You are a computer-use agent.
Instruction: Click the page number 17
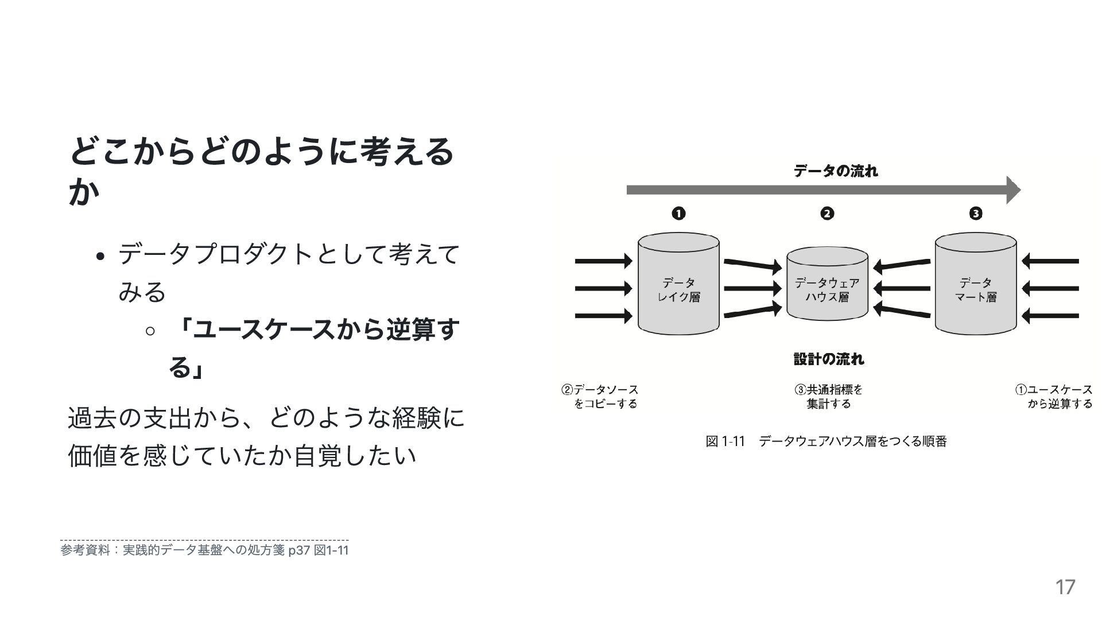tap(1065, 587)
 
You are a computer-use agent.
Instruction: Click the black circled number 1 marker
tap(678, 214)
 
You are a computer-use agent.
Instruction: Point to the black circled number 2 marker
tap(827, 214)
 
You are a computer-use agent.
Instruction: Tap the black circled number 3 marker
tap(976, 214)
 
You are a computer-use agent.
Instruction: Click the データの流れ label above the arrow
tap(835, 171)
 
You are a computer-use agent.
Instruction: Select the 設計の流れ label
tap(828, 359)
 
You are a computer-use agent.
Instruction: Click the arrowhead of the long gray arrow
tap(1013, 190)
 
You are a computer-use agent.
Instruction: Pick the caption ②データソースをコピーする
tap(600, 397)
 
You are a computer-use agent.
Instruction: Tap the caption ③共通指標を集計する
tap(828, 397)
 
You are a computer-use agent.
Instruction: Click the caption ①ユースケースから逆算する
tap(1054, 397)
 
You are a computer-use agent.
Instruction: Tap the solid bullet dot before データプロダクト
tap(100, 257)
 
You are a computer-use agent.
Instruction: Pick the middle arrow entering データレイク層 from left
tap(603, 288)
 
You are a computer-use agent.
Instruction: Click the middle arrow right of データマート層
tap(1050, 288)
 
